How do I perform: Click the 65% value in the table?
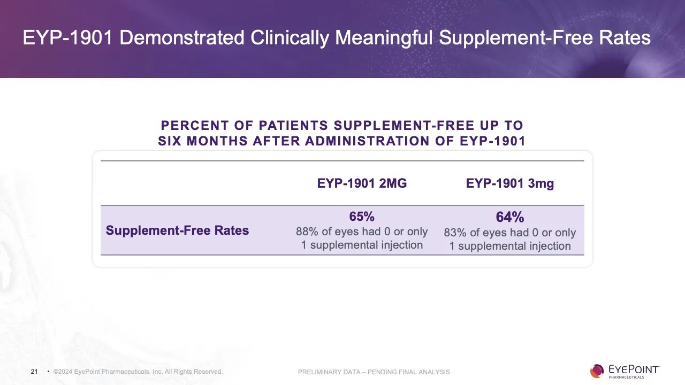click(362, 217)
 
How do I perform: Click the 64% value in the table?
click(509, 217)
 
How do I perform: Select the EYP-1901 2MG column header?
click(362, 183)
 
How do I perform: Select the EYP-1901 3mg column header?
click(509, 183)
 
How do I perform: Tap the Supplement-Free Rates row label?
click(177, 230)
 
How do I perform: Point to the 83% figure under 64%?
click(455, 233)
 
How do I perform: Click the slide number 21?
click(34, 372)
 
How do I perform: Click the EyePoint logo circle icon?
click(597, 371)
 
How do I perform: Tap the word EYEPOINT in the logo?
click(634, 369)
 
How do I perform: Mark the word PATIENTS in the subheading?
click(293, 126)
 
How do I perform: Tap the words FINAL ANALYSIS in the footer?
click(427, 372)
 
